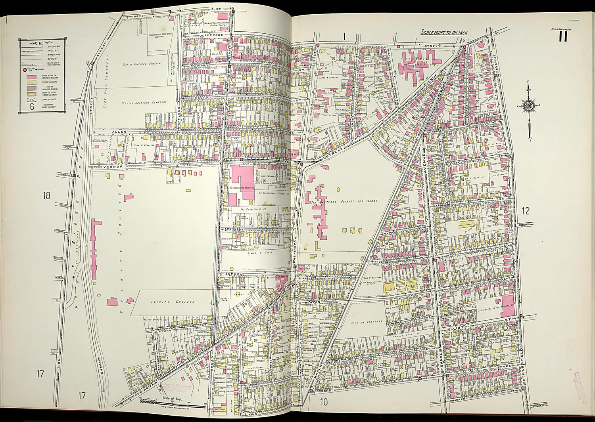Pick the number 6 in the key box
coord(32,106)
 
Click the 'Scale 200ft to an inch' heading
coord(444,32)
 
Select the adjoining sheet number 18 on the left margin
coord(47,195)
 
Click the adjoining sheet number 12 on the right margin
coord(526,211)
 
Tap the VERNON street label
coord(111,167)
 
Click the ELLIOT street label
coord(453,329)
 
